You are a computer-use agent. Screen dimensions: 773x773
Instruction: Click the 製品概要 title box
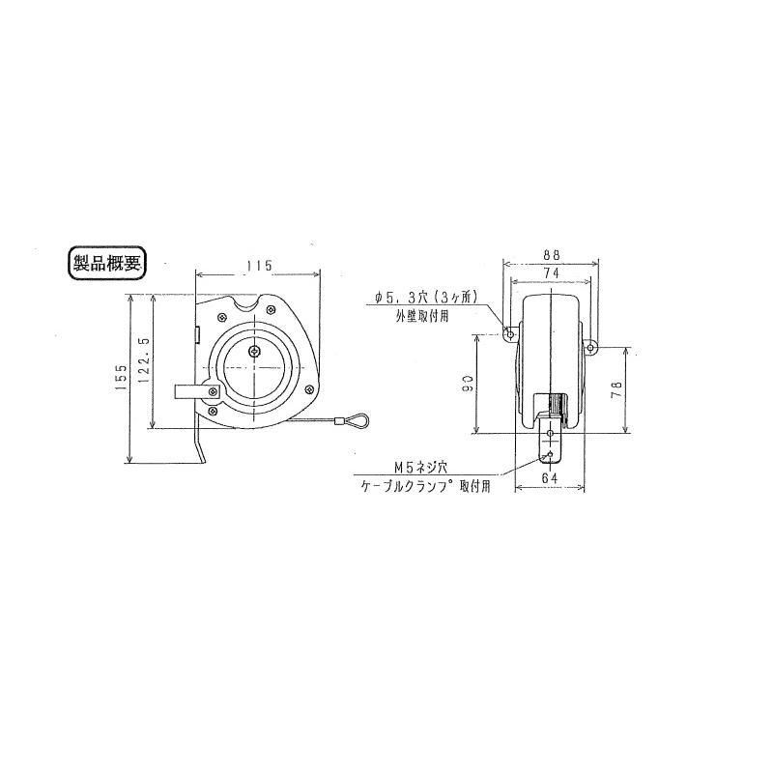click(x=107, y=264)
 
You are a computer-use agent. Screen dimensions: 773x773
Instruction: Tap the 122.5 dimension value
click(x=146, y=361)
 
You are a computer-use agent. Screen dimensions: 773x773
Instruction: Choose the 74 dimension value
click(x=552, y=273)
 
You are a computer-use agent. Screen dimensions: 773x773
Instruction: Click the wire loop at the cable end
click(x=353, y=420)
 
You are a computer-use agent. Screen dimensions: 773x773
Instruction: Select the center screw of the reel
click(x=254, y=353)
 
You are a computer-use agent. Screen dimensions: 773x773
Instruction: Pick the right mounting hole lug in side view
click(x=591, y=346)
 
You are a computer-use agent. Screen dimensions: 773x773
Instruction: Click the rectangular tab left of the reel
click(x=191, y=391)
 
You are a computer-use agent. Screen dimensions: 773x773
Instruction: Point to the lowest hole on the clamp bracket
click(x=551, y=457)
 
